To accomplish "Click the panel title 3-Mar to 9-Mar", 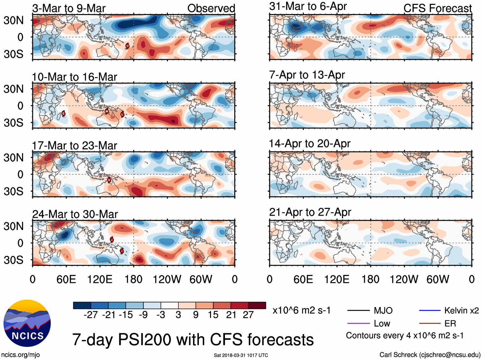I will tap(69, 8).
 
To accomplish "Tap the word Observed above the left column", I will tap(211, 8).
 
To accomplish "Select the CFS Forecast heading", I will tap(437, 8).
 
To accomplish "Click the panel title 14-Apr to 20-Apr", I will tap(309, 143).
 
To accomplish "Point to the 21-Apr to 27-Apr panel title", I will tap(310, 212).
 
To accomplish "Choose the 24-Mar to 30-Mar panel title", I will tap(75, 214).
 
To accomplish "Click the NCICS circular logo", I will tap(27, 323).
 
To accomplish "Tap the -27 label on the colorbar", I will tap(91, 315).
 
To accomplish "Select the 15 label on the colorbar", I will tap(213, 315).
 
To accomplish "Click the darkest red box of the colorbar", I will tap(257, 305).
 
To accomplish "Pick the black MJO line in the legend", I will tap(358, 310).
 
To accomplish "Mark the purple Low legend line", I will tap(358, 324).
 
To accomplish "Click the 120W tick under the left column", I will tap(167, 279).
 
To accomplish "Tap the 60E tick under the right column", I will tap(303, 279).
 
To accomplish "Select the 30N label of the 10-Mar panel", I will tap(13, 89).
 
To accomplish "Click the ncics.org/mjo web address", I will tap(20, 355).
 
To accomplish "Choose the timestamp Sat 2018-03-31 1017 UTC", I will tap(241, 355).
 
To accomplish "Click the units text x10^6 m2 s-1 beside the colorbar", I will tap(302, 310).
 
